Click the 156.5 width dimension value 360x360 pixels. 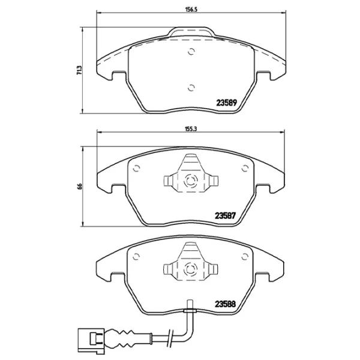pos(191,10)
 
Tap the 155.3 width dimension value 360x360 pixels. pos(191,129)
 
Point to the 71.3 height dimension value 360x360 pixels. pos(79,70)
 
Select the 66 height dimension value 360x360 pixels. pos(79,186)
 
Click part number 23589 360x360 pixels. pos(226,103)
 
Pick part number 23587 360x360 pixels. pos(225,216)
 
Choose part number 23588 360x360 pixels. pos(225,304)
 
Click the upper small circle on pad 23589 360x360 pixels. pos(191,52)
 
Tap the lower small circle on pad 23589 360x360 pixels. pos(191,88)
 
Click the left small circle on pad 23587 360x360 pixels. pos(136,169)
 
